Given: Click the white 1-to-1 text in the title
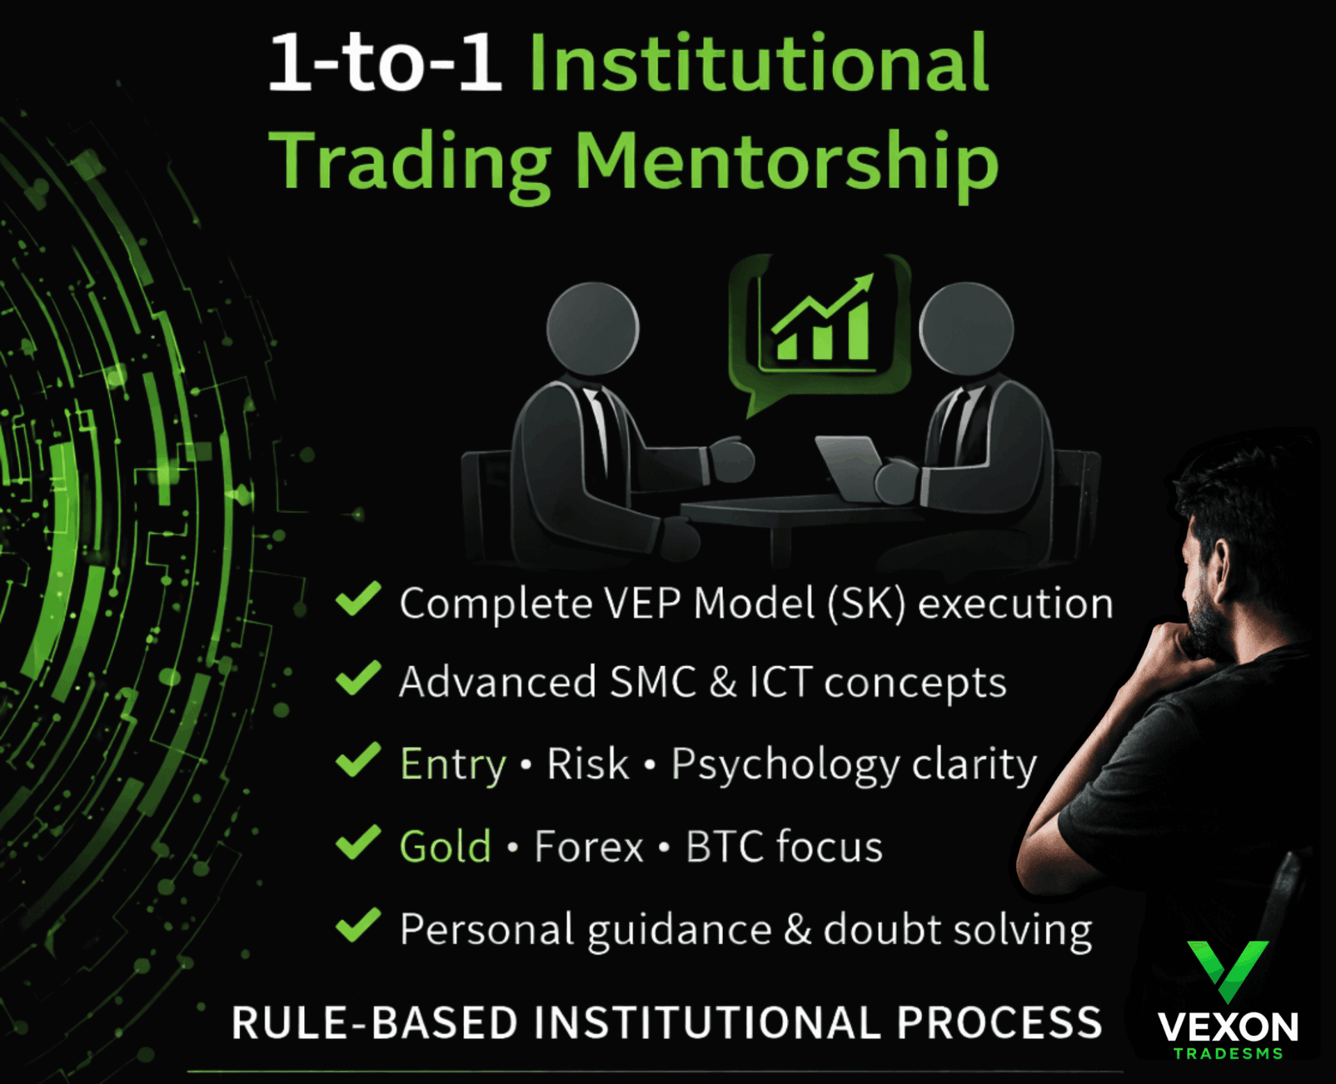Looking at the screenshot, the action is (x=385, y=63).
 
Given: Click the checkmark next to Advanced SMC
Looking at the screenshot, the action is (x=358, y=678).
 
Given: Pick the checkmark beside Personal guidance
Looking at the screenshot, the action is (x=358, y=925).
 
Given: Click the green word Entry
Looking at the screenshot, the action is (x=453, y=765).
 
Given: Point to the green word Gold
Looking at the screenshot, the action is (x=445, y=847).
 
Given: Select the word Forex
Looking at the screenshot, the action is (x=589, y=847).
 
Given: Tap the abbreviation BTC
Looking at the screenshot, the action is (x=725, y=847).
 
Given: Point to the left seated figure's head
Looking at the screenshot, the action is (x=593, y=329).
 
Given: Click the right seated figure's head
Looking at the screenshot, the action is (x=966, y=329).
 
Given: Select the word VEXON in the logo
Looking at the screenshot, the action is (x=1227, y=1027).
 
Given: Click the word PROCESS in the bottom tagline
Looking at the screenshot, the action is (x=999, y=1023).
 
